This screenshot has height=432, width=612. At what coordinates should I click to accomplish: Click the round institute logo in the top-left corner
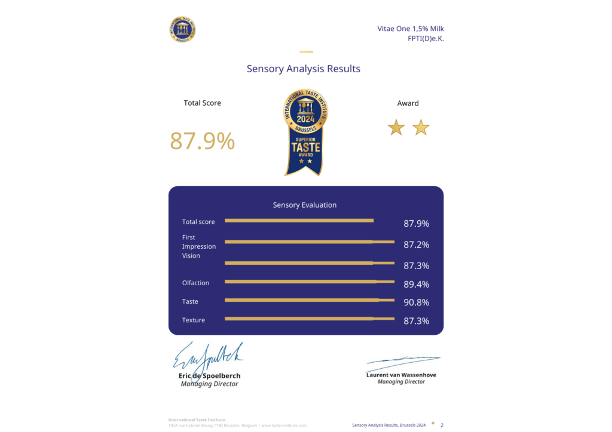[x=183, y=29]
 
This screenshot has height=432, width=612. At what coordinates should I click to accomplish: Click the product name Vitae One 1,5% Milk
[x=411, y=29]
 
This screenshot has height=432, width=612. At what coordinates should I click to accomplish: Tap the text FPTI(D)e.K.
[x=426, y=39]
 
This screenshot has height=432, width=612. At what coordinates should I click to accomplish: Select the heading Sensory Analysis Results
[x=304, y=69]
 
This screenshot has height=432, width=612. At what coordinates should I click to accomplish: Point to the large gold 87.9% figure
[x=203, y=141]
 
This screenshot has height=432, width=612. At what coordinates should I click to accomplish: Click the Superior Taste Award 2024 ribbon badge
[x=305, y=132]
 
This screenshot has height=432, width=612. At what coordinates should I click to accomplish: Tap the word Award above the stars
[x=408, y=103]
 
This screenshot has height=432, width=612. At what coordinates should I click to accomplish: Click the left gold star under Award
[x=396, y=127]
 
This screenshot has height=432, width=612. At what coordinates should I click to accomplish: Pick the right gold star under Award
[x=421, y=127]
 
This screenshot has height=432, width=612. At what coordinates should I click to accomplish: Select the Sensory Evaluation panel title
[x=305, y=205]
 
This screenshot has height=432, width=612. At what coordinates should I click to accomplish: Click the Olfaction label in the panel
[x=195, y=283]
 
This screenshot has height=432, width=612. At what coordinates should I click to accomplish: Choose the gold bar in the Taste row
[x=309, y=300]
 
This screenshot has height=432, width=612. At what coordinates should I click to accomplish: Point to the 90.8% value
[x=416, y=303]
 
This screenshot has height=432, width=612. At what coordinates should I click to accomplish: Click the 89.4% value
[x=416, y=284]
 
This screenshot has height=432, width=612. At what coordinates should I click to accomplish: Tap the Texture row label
[x=194, y=320]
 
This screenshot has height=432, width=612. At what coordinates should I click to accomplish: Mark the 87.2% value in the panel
[x=416, y=245]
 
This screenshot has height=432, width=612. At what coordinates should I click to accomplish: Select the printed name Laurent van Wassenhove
[x=401, y=375]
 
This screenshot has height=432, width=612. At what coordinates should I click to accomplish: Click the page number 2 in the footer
[x=442, y=425]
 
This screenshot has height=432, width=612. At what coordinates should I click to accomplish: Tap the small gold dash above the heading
[x=306, y=52]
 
